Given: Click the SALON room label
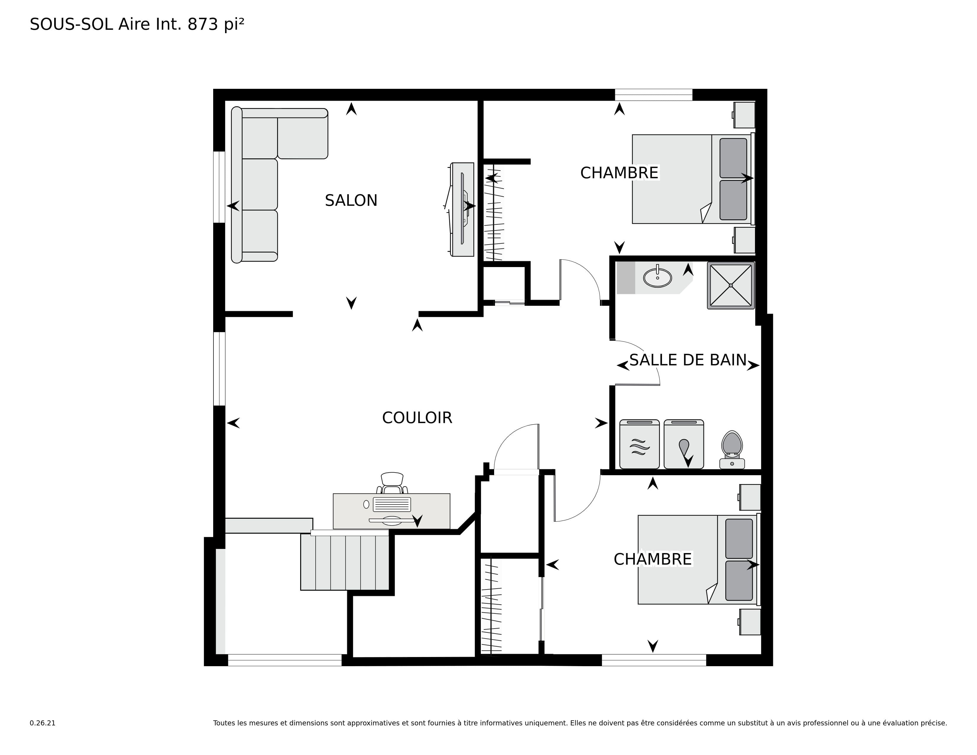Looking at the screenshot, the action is pos(351,200).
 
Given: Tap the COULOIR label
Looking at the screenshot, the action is pos(417,418).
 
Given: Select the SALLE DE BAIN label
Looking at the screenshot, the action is pos(688,360).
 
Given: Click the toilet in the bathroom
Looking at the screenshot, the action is pos(732,449).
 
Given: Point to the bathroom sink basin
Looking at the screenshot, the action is pos(657,277).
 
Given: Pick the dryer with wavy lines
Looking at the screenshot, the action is pos(639,444).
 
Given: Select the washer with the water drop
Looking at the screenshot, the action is pos(684,444).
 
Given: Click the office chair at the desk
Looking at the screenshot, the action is pos(392,483).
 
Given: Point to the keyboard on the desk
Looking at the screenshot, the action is pos(392,504).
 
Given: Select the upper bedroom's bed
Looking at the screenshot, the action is pos(692,179).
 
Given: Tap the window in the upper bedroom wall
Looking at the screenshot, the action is pos(654,95).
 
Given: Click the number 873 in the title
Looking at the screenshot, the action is pos(203,24).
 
